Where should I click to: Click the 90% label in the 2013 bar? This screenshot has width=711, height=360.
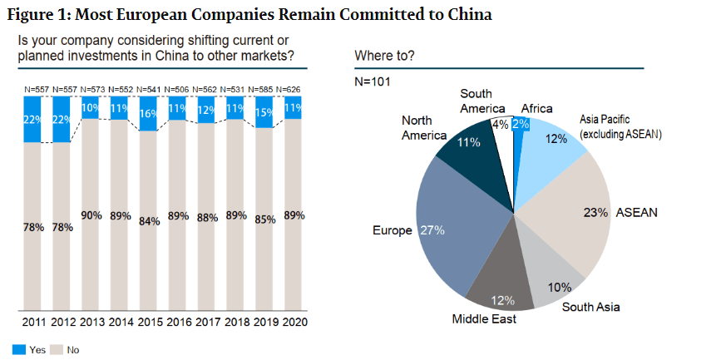[x=91, y=215]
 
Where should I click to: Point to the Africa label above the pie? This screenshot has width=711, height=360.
[x=536, y=108]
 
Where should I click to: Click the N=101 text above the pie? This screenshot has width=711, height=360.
[x=373, y=81]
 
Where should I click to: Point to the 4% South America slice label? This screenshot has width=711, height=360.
[x=502, y=126]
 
